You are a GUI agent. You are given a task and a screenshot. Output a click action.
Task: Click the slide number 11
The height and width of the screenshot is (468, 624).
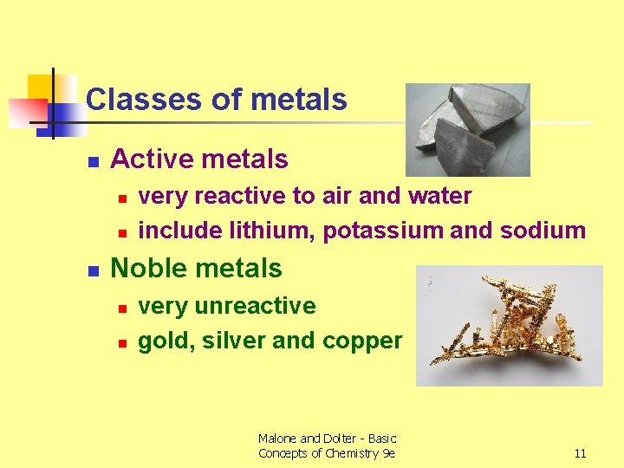[580, 453]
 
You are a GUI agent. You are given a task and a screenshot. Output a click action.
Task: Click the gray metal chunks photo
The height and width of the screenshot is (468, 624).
[468, 129]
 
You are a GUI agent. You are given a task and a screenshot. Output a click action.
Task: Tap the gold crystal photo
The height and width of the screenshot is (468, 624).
[510, 325]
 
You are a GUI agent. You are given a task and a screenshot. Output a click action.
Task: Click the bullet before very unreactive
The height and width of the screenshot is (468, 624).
[123, 309]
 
